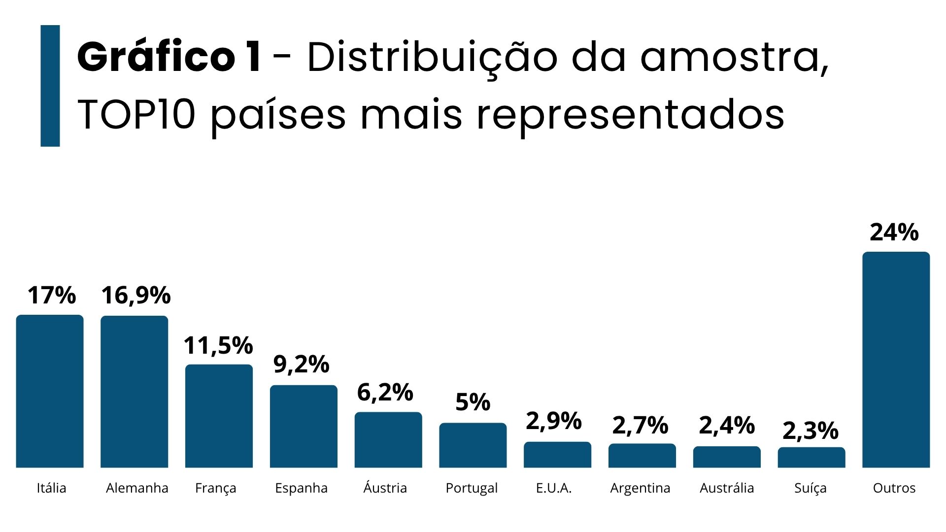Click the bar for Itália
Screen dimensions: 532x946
[x=50, y=391]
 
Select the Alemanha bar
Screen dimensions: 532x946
[x=135, y=392]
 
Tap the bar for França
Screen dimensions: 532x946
[x=219, y=416]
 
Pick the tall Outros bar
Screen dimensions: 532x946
[x=896, y=360]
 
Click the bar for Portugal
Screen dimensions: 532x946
[x=473, y=445]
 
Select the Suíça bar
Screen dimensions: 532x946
[x=811, y=457]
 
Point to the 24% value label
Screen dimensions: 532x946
[x=894, y=232]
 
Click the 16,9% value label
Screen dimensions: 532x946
[x=136, y=295]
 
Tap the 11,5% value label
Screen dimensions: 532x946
[x=218, y=345]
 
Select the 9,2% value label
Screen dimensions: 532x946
[x=301, y=365]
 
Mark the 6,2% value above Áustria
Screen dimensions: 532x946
[x=385, y=393]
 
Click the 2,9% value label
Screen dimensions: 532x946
[x=554, y=421]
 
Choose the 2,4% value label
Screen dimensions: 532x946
[x=727, y=426]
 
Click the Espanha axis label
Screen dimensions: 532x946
[x=301, y=488]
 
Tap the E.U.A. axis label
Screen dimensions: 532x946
[x=554, y=488]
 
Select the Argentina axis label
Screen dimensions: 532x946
[x=640, y=488]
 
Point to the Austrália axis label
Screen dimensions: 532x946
[x=727, y=488]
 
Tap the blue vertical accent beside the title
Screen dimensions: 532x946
[x=50, y=86]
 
